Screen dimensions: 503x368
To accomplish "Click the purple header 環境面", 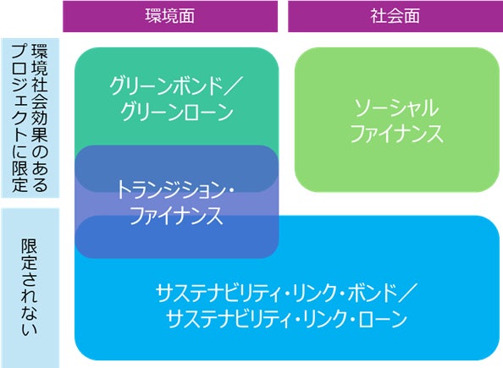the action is tap(170, 16).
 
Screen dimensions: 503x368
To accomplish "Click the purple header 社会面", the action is tap(395, 16).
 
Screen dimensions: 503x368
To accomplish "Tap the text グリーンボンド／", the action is tap(176, 86).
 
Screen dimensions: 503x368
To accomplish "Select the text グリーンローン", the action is tap(177, 113).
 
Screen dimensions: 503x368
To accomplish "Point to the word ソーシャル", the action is tap(396, 108).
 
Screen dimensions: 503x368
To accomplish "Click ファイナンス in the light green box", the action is tap(397, 134).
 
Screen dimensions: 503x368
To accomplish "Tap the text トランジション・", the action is tap(174, 189).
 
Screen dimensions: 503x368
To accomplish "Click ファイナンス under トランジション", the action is tap(176, 216).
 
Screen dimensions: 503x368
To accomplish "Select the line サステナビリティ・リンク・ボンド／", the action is tap(286, 294).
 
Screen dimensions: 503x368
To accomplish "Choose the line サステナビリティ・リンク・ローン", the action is tap(286, 319).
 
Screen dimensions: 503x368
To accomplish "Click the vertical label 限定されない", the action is tap(30, 288).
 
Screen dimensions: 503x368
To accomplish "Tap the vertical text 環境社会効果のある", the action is tap(40, 118).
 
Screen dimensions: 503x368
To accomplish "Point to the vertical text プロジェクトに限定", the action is tap(19, 118).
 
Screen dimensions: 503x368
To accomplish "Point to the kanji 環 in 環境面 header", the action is tap(153, 16).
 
